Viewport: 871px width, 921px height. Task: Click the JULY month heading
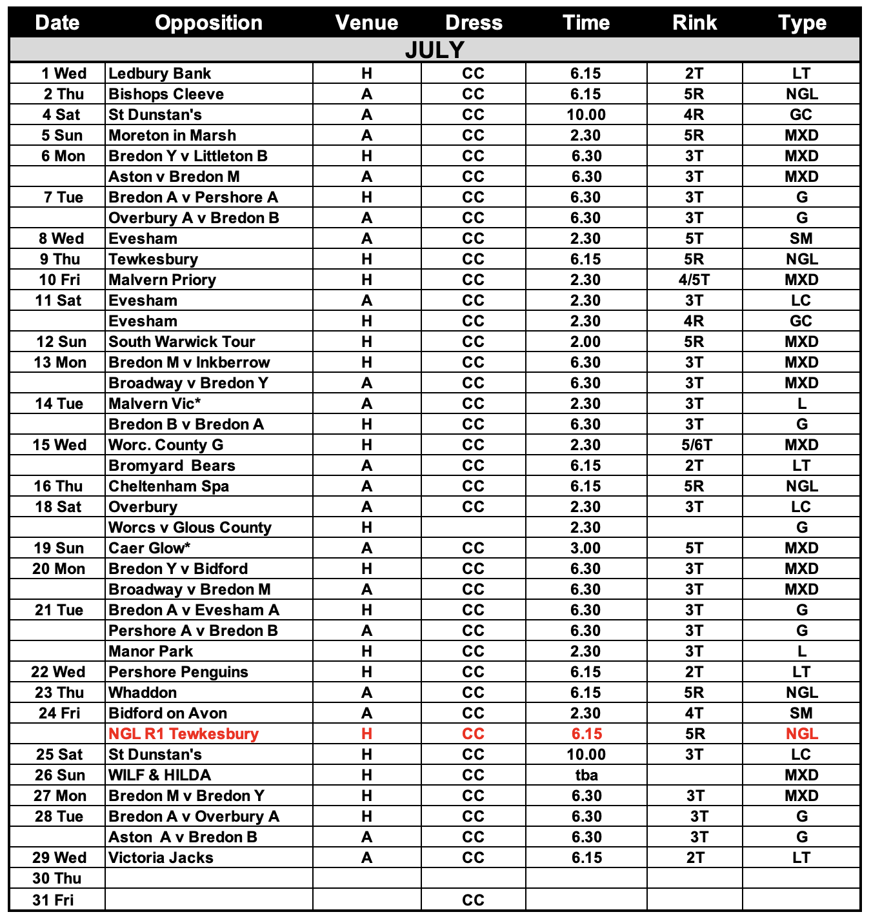434,50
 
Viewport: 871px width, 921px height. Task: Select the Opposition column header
208,23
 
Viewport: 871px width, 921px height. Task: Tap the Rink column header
694,23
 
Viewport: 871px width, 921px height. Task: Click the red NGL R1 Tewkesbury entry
183,734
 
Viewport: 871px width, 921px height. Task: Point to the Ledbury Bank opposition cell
159,74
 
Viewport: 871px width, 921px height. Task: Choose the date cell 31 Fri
53,900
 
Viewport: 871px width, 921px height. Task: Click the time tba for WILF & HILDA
586,775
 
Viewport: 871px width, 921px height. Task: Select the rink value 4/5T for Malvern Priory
694,280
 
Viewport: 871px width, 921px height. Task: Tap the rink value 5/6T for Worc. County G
694,445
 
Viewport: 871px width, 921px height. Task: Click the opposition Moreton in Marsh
172,135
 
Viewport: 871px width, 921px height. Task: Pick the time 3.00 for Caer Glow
586,548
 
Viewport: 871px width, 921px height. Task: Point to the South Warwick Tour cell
181,342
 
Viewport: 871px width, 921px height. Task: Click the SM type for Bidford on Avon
801,713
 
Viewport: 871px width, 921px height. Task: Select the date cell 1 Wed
63,74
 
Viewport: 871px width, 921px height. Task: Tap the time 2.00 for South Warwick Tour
586,342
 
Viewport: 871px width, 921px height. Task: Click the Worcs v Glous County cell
190,528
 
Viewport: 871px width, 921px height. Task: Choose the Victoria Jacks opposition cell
161,858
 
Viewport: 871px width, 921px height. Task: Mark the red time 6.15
586,734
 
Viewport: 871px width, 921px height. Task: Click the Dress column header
474,23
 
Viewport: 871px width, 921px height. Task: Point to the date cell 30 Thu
57,878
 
